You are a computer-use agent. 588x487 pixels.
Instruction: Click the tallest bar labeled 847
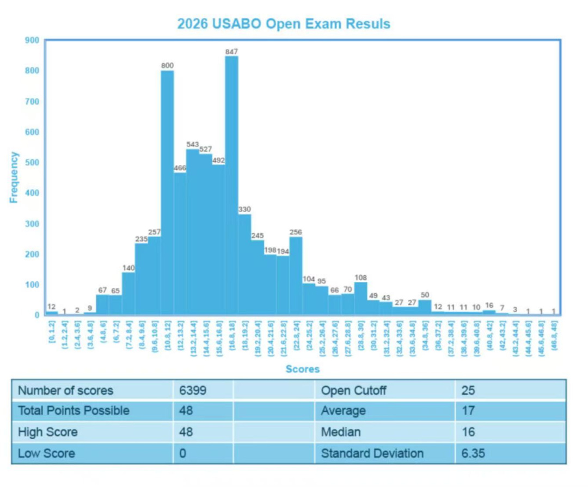[231, 185]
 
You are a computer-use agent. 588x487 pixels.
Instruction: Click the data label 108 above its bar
[360, 278]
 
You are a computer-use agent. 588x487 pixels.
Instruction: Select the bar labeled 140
[128, 293]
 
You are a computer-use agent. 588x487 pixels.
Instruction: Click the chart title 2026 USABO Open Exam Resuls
[284, 24]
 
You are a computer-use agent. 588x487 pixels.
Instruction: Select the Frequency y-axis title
[14, 177]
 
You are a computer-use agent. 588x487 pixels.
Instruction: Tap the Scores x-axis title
[303, 369]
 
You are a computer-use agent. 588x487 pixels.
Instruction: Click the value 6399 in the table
[193, 390]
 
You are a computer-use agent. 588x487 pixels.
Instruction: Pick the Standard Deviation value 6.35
[473, 453]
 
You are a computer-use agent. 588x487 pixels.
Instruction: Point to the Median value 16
[468, 432]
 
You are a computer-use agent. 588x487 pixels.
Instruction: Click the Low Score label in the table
[47, 453]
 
